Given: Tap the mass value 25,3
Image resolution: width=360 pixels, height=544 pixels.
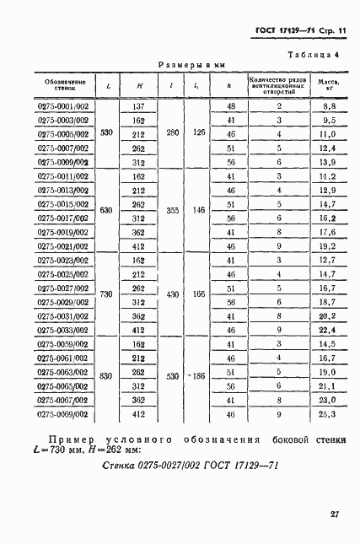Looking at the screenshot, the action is [x=328, y=415].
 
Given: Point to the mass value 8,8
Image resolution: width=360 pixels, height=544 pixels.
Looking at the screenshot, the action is [x=328, y=106].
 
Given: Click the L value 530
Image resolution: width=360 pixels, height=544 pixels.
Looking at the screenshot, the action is [x=106, y=133].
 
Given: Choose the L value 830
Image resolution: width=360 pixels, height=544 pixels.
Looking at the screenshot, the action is [x=106, y=374].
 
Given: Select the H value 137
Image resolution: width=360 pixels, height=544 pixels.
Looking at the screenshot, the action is [x=138, y=106].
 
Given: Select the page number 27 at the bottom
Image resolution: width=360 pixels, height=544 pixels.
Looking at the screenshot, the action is [x=334, y=513].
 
